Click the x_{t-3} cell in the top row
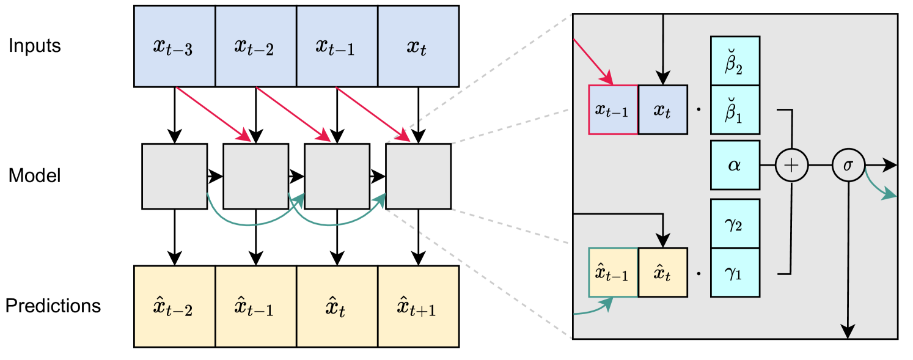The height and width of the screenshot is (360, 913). click(174, 46)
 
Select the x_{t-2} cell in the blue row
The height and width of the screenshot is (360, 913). click(255, 46)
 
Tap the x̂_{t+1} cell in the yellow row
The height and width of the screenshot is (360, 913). click(418, 306)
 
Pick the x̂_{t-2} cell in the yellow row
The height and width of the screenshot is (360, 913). click(174, 306)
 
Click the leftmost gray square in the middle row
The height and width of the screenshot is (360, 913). click(174, 176)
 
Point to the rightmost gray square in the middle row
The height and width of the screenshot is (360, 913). click(418, 176)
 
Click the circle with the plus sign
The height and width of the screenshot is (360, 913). click(791, 165)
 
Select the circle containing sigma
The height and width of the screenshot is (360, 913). click(848, 165)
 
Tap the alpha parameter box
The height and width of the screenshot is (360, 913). click(735, 165)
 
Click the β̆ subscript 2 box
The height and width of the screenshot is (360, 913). click(735, 61)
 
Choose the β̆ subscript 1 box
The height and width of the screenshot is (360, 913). click(735, 110)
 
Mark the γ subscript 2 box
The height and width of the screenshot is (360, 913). click(735, 223)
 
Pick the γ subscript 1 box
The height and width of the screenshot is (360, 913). click(735, 273)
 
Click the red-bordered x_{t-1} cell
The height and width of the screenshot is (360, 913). click(613, 109)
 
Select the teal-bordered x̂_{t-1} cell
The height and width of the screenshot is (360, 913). click(613, 273)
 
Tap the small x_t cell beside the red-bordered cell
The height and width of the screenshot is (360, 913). click(662, 109)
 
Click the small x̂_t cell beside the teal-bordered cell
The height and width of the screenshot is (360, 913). click(662, 273)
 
